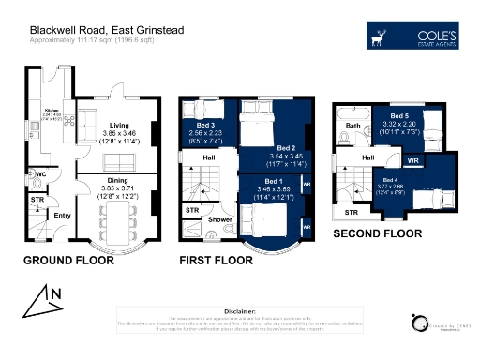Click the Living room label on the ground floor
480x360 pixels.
pos(118,125)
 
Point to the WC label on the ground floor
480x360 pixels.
pos(41,174)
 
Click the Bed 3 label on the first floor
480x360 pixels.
pos(206,125)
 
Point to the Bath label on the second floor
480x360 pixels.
pos(353,125)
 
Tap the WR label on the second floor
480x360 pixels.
pos(412,160)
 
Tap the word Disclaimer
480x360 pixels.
pos(239,309)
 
